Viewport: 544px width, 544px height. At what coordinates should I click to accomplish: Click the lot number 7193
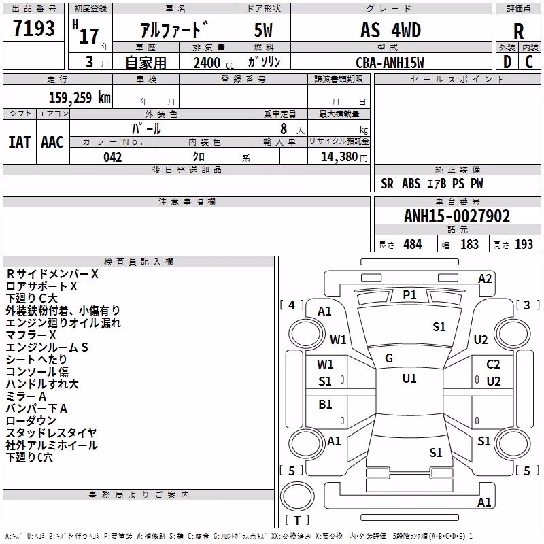pyautogui.click(x=34, y=28)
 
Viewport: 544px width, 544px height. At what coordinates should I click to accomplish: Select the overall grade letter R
pyautogui.click(x=518, y=31)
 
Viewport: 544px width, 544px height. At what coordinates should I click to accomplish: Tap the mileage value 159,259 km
pyautogui.click(x=80, y=97)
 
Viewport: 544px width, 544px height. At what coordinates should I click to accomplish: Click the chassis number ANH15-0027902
pyautogui.click(x=457, y=216)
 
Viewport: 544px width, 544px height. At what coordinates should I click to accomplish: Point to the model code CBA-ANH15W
pyautogui.click(x=390, y=63)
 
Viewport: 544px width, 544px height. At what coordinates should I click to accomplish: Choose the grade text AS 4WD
pyautogui.click(x=390, y=30)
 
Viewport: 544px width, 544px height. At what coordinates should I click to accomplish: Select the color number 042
pyautogui.click(x=113, y=157)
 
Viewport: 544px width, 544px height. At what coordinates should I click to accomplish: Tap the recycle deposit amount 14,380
pyautogui.click(x=339, y=157)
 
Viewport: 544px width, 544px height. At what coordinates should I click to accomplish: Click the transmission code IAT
pyautogui.click(x=19, y=142)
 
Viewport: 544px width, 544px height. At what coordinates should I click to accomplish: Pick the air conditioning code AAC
pyautogui.click(x=52, y=142)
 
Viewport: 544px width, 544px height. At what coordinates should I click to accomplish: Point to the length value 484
pyautogui.click(x=413, y=244)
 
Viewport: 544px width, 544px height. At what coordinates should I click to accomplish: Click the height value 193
pyautogui.click(x=524, y=244)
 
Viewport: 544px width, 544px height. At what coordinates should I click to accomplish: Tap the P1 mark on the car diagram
pyautogui.click(x=409, y=295)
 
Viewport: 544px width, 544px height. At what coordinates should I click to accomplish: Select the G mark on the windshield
pyautogui.click(x=389, y=358)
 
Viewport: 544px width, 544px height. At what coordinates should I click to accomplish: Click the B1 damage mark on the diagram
pyautogui.click(x=325, y=404)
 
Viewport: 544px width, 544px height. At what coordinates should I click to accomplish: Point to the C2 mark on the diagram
pyautogui.click(x=493, y=364)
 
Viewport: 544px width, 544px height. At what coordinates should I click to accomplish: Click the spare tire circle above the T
pyautogui.click(x=297, y=496)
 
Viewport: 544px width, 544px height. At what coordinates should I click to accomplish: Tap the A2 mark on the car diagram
pyautogui.click(x=485, y=279)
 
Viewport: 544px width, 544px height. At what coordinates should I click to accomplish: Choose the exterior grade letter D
pyautogui.click(x=507, y=62)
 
